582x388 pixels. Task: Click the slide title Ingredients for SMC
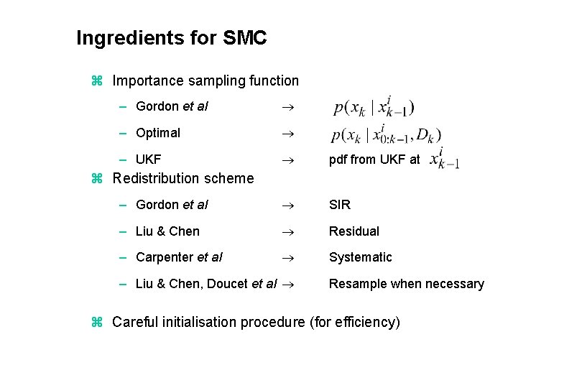coord(171,38)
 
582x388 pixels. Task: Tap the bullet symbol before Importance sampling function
coord(98,81)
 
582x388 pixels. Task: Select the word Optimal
coord(158,133)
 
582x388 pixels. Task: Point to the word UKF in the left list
coord(149,160)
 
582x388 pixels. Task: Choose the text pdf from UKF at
coord(374,160)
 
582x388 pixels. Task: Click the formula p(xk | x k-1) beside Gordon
coord(374,108)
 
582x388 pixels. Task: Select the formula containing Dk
coord(387,134)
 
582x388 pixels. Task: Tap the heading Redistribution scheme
coord(183,178)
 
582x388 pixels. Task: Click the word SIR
coord(340,205)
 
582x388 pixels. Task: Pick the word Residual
coord(354,231)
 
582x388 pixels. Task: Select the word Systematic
coord(361,257)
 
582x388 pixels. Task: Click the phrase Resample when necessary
coord(407,284)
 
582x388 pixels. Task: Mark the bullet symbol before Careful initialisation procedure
coord(98,323)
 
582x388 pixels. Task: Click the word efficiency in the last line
coord(366,323)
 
